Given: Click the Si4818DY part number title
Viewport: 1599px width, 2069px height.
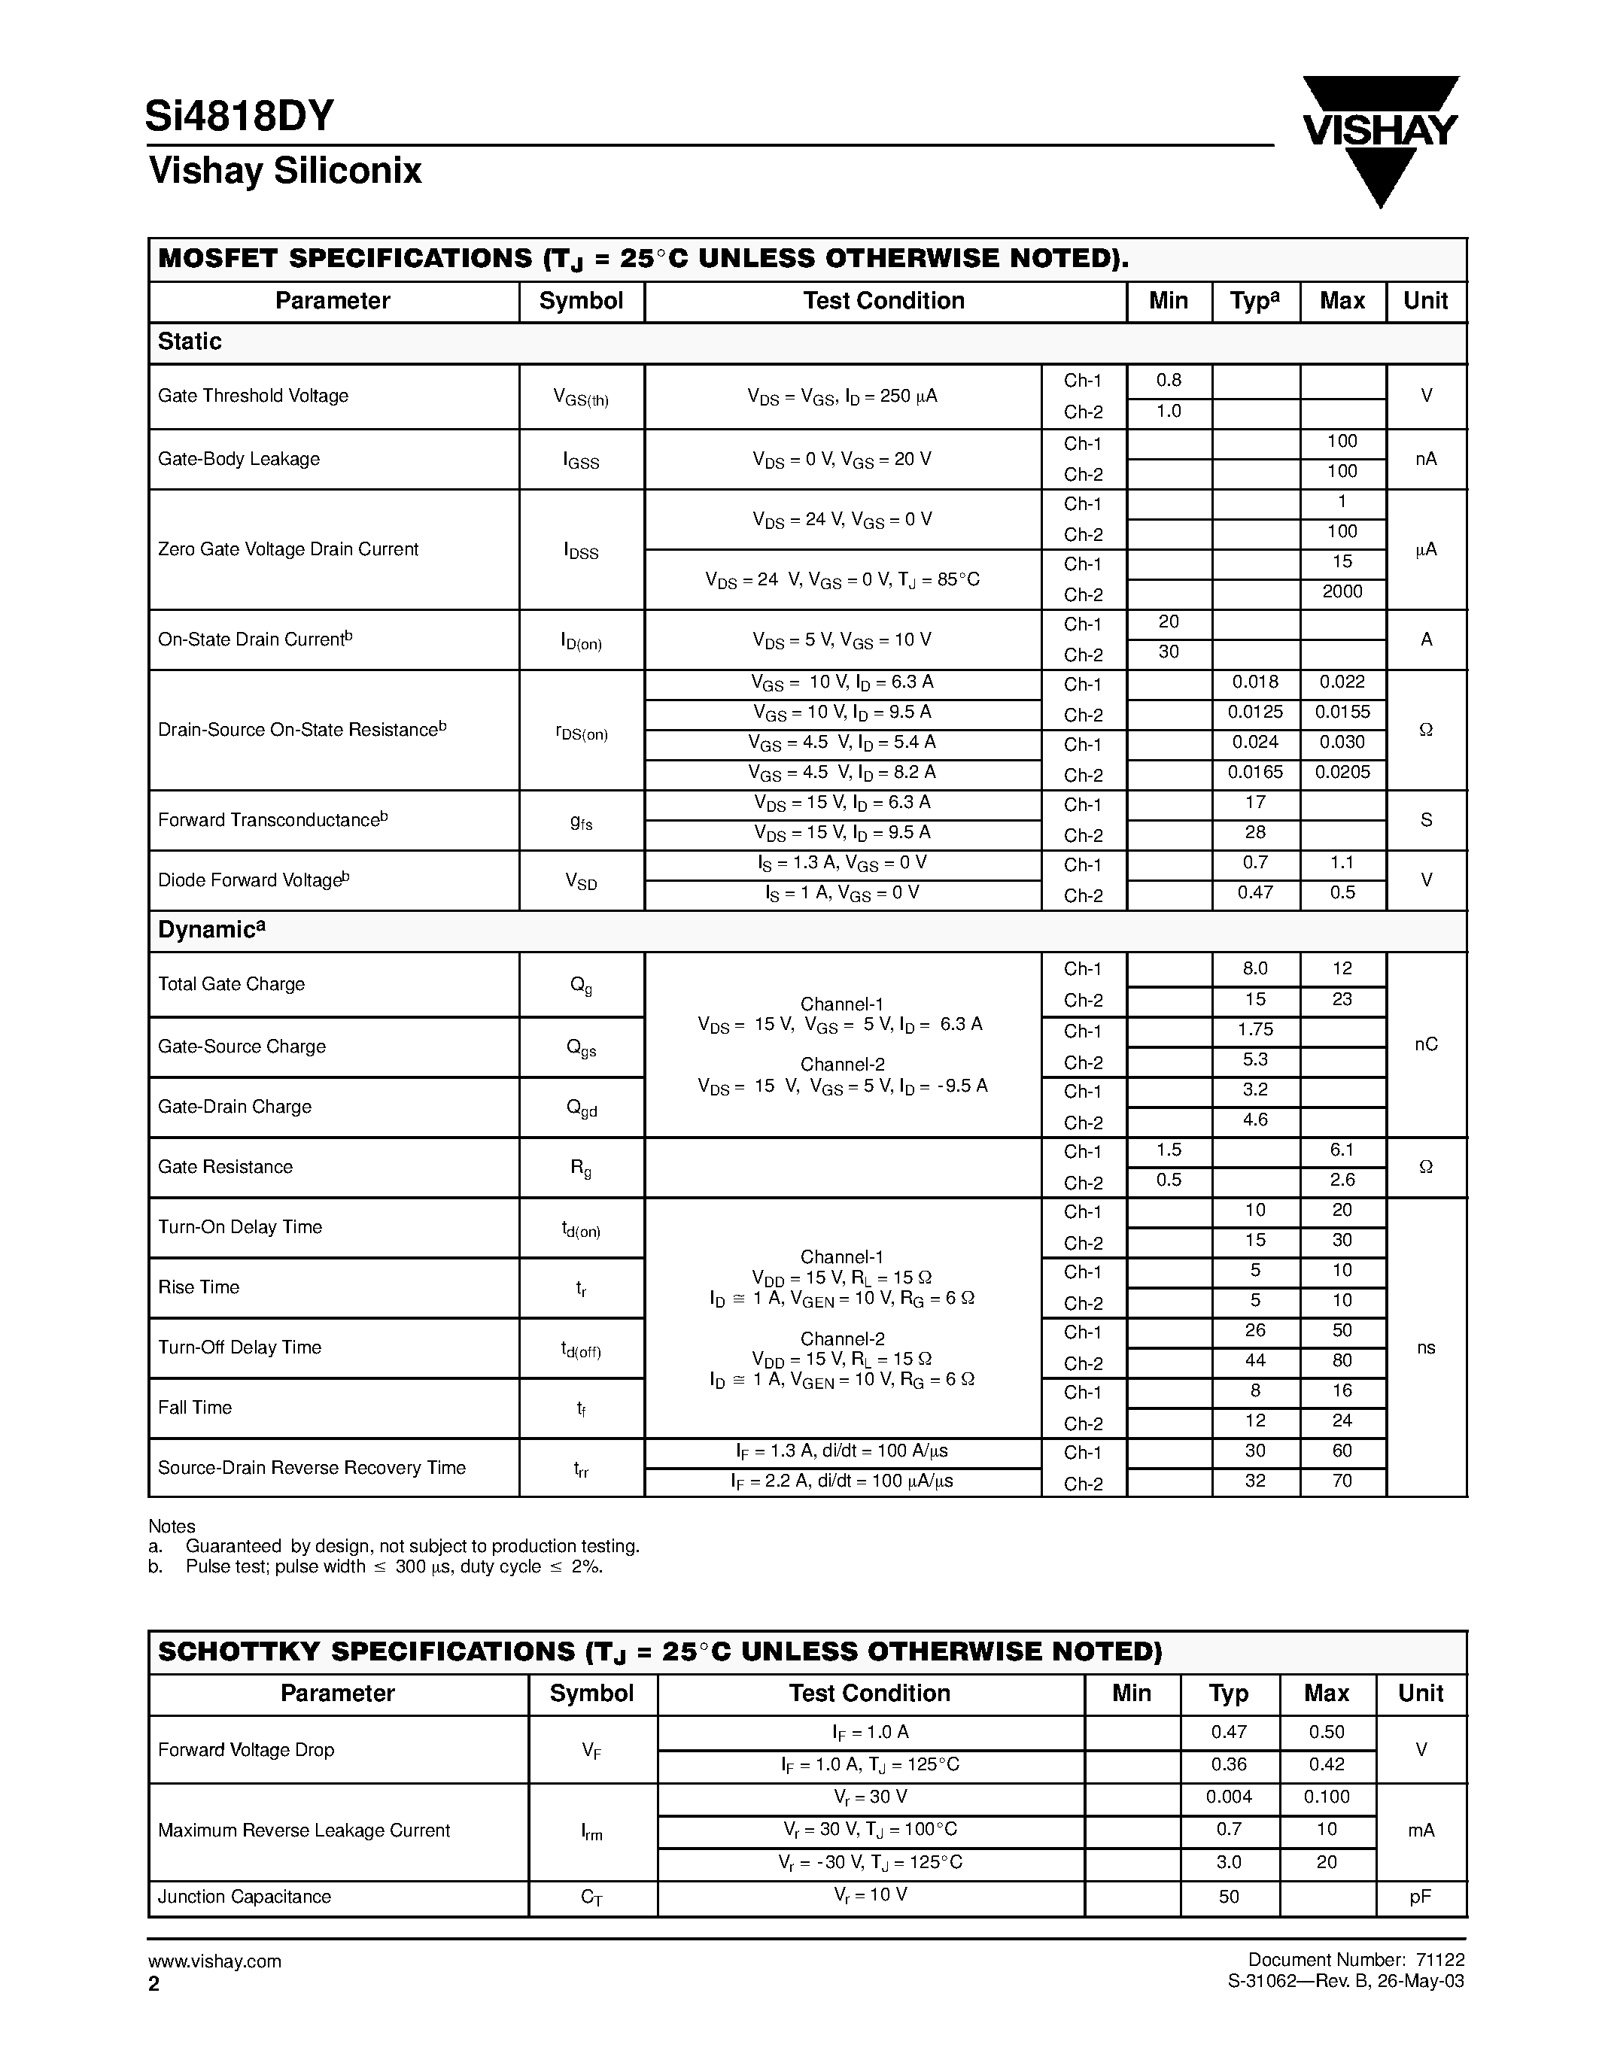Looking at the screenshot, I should [239, 117].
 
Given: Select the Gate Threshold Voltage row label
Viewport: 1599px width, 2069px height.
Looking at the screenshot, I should [253, 396].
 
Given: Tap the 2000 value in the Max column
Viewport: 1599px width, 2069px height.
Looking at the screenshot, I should [1342, 592].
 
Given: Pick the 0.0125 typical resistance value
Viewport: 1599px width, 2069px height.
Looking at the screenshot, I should [1255, 712].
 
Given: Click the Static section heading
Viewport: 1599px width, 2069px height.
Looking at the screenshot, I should [190, 342].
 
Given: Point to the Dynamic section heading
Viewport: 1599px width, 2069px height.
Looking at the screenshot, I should [210, 930].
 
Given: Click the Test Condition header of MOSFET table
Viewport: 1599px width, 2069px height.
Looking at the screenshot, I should [884, 301].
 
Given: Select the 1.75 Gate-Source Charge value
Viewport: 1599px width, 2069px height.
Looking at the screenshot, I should [1255, 1030].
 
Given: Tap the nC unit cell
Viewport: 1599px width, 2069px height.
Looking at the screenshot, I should [1426, 1045].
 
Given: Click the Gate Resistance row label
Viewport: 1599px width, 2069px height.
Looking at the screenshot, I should [226, 1167].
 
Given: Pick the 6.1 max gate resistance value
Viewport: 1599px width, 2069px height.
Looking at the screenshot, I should [1342, 1150].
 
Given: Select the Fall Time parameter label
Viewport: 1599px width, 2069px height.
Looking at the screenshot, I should [195, 1408].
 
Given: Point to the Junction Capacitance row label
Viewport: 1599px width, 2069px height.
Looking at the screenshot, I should [245, 1897].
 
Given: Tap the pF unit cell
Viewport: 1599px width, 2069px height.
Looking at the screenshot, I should [1420, 1897].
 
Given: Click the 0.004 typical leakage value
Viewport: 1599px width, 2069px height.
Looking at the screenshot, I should [1229, 1797].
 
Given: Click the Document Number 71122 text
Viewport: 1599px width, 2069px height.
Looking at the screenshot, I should [1355, 1960].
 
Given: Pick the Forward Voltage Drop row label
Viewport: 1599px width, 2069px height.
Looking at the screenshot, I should [246, 1750].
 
